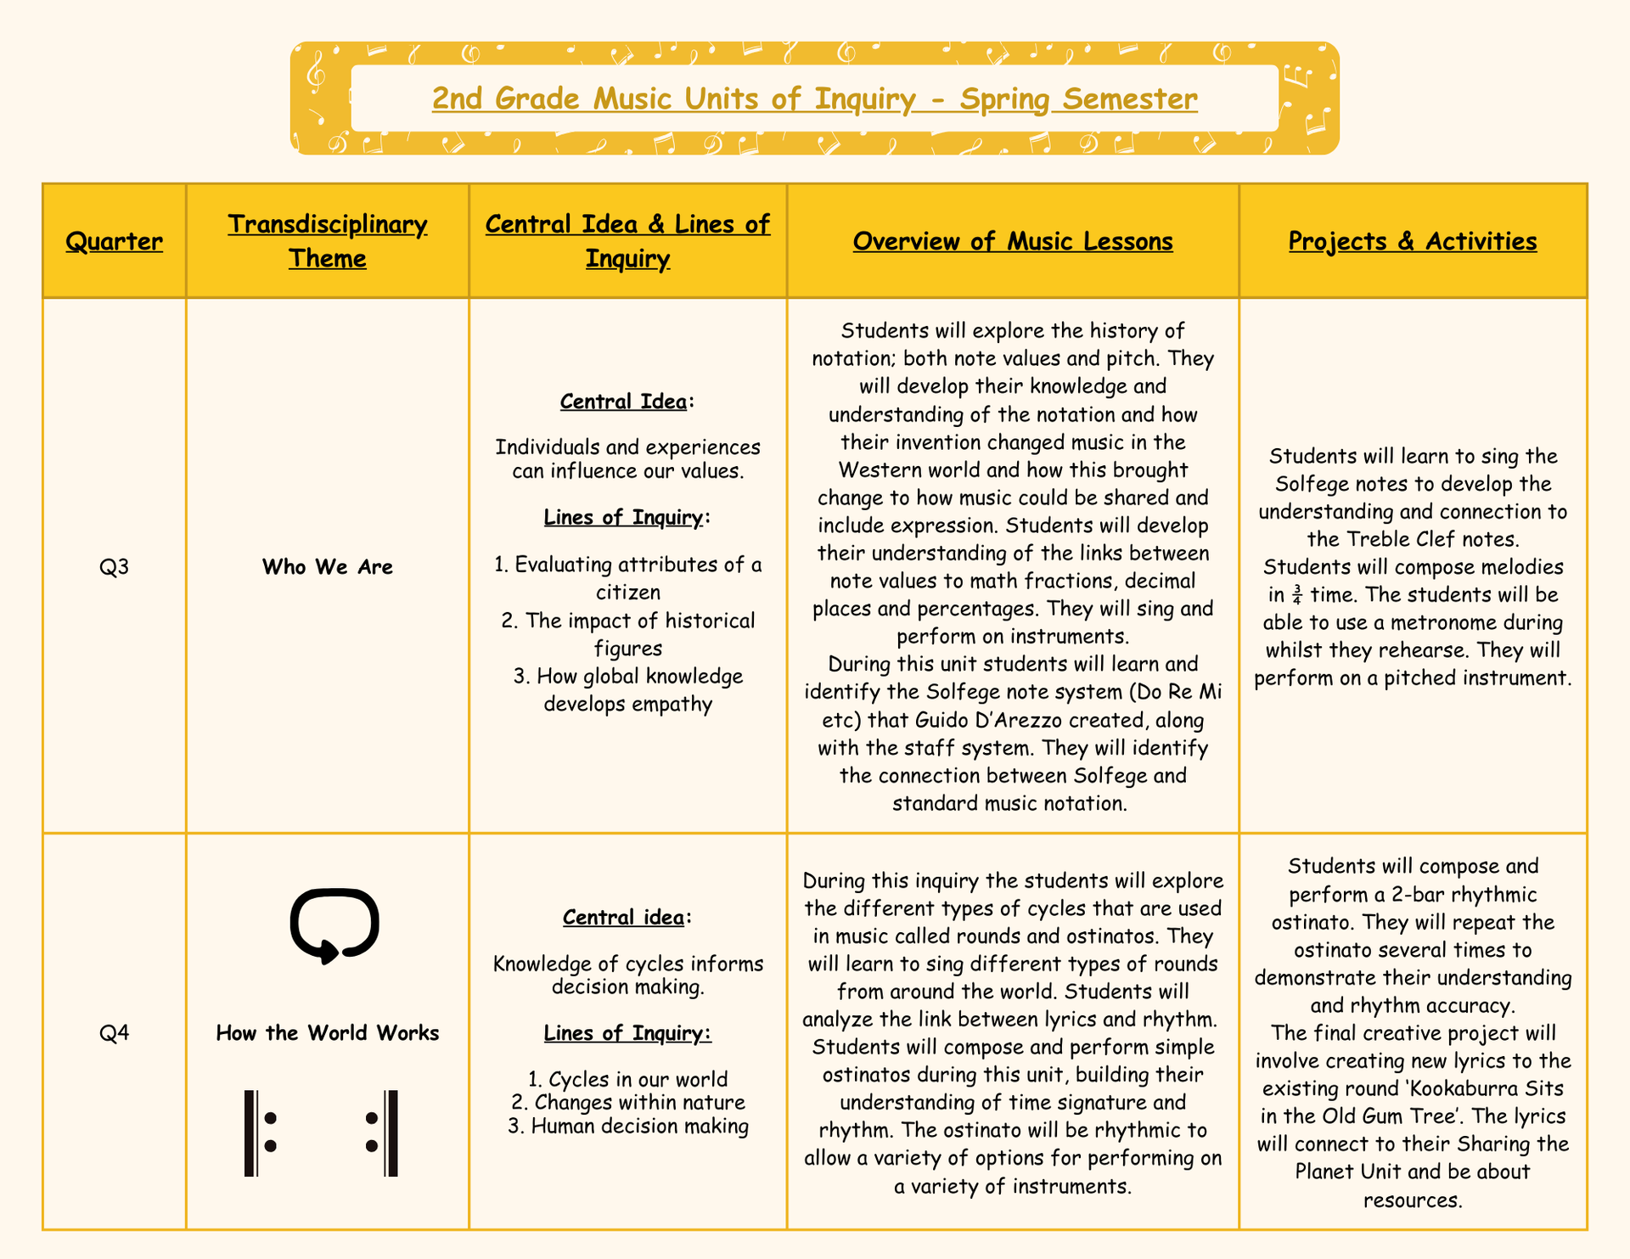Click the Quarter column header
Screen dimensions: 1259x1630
tap(114, 241)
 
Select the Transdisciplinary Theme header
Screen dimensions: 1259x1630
tap(328, 241)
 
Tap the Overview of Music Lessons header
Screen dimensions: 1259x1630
tap(1013, 241)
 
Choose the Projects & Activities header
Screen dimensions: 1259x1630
tap(1413, 241)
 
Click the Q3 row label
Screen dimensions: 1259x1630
tap(114, 566)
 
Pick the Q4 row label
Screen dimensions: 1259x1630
tap(114, 1032)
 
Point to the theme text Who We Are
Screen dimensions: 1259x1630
tap(328, 566)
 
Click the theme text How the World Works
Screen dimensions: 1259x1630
tap(328, 1032)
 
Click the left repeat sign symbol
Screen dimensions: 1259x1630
tap(260, 1133)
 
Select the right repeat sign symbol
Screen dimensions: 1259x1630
tap(381, 1133)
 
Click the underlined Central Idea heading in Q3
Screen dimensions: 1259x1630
tap(624, 401)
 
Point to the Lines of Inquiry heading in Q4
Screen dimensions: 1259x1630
tap(627, 1033)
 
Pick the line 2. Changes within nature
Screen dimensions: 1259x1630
tap(628, 1103)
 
